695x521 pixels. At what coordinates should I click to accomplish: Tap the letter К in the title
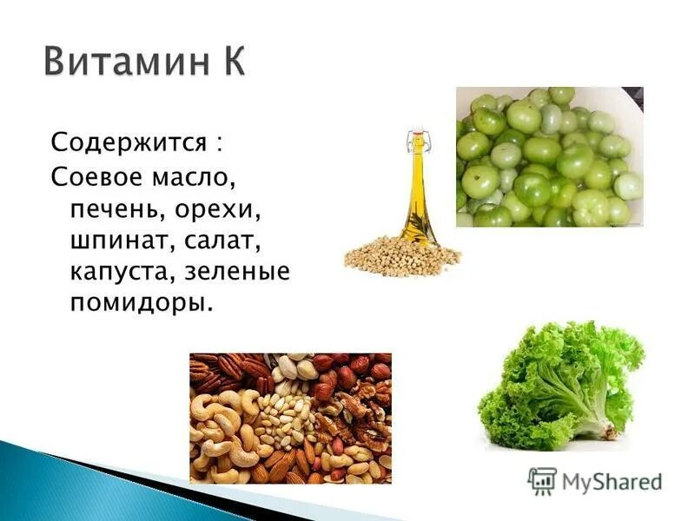coord(228,63)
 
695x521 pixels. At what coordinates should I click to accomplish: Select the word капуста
coord(121,272)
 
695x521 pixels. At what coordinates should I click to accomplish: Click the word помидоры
coord(140,304)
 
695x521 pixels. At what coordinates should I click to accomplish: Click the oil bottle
coord(418,195)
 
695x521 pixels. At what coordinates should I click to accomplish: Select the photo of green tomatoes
coord(549,157)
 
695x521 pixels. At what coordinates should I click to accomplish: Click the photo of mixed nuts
coord(290,418)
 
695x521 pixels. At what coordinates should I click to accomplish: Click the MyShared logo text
coord(612,480)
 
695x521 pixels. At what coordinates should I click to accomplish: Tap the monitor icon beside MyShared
coord(542,480)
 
